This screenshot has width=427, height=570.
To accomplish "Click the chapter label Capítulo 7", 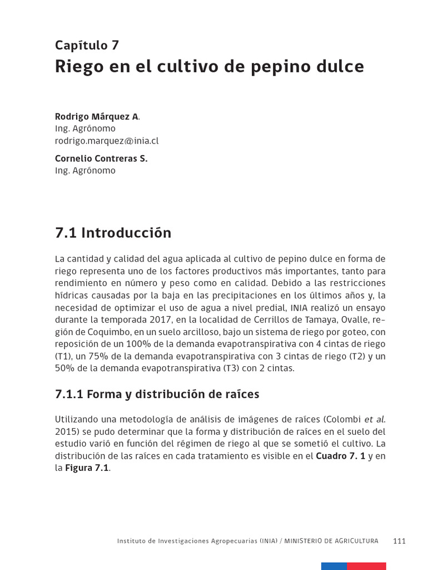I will tap(87, 46).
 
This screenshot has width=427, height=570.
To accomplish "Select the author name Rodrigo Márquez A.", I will tap(97, 116).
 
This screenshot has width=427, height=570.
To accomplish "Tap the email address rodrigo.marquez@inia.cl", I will tap(107, 141).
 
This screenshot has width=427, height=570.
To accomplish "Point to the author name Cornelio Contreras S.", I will tap(101, 159).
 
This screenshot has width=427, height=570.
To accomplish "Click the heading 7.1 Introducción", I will tap(113, 233).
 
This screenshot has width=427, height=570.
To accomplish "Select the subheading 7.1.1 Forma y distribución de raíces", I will tap(157, 394).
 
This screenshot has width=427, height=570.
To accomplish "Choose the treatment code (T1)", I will tap(63, 356).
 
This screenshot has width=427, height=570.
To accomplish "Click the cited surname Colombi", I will tap(344, 419).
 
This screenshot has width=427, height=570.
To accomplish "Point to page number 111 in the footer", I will tap(399, 541).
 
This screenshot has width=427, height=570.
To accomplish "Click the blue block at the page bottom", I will tap(334, 566).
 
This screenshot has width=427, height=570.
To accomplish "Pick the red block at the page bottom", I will tap(366, 566).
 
